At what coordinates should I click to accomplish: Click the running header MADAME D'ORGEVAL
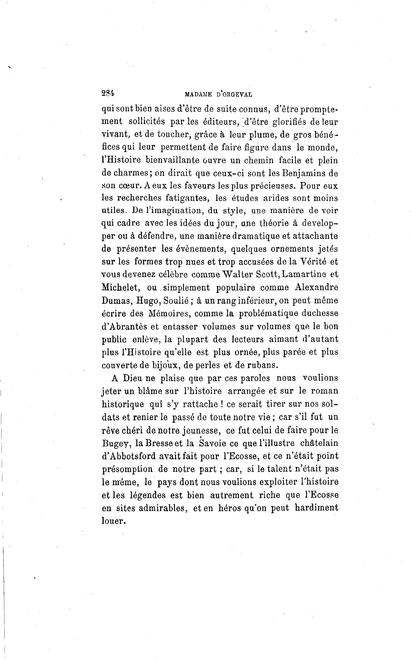pos(218,94)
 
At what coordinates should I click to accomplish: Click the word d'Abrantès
pos(126,326)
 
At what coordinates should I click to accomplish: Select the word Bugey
pos(115,443)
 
